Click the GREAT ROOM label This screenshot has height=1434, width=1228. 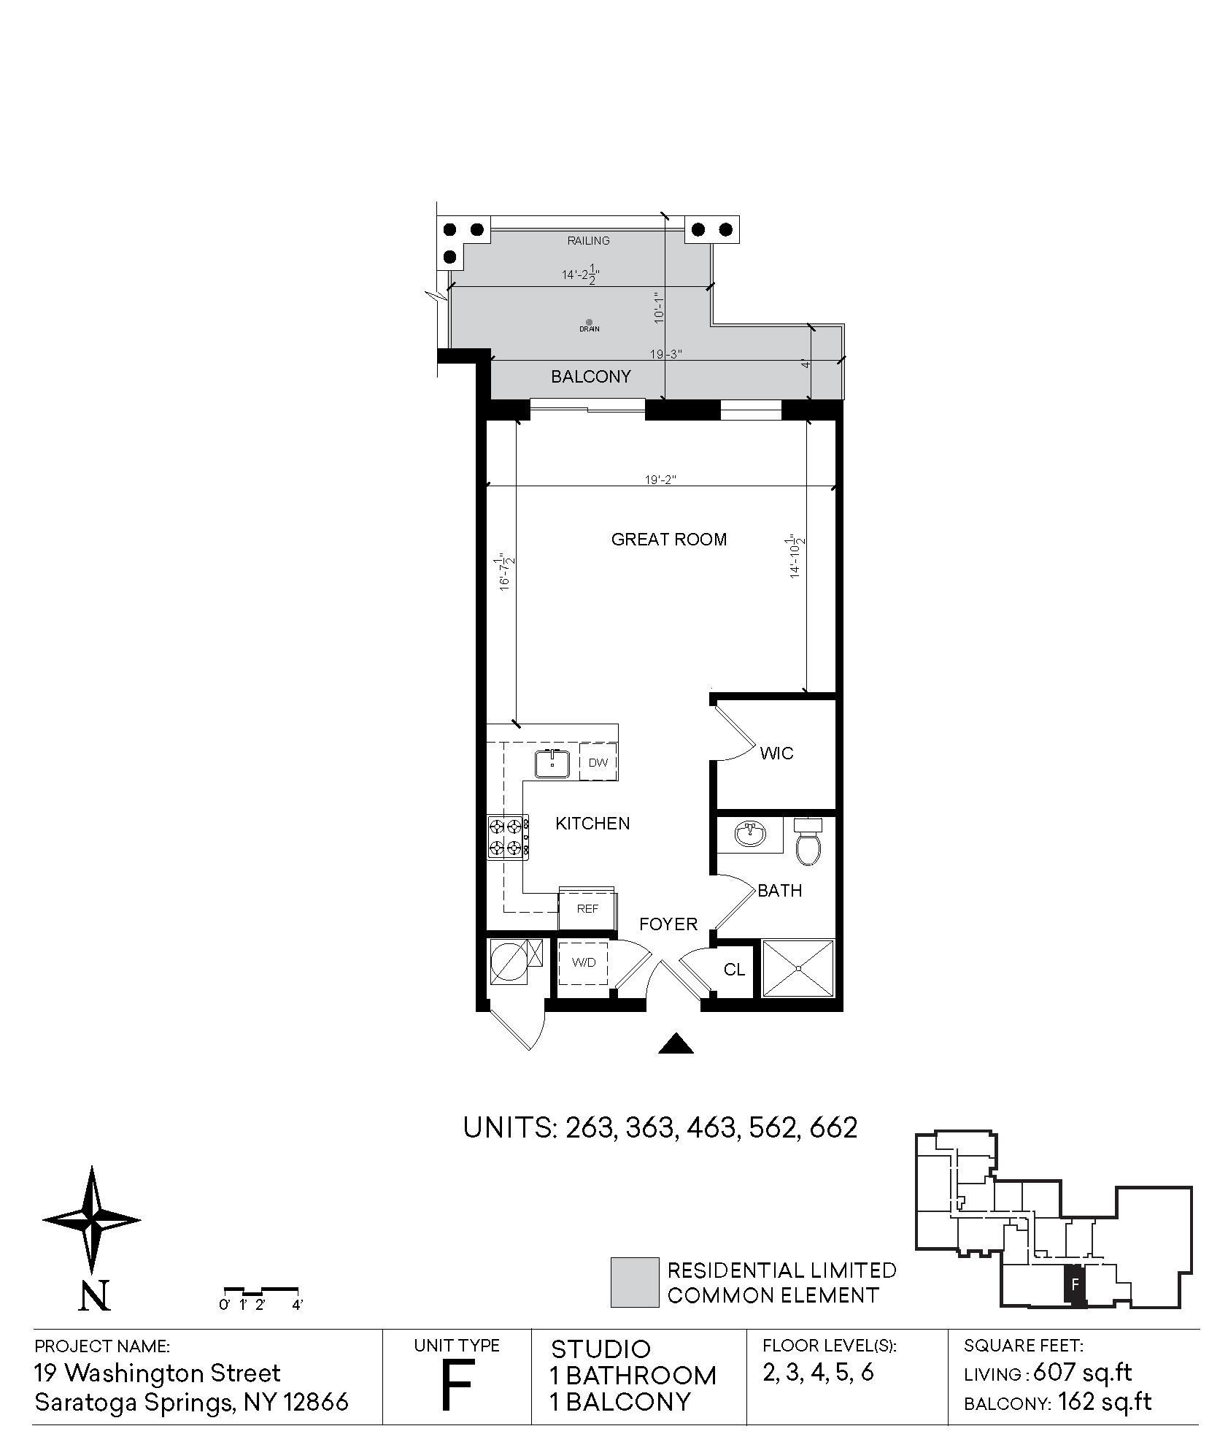[668, 540]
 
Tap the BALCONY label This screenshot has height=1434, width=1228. [590, 377]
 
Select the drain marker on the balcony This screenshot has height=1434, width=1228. [589, 322]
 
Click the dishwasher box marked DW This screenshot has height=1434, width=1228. [598, 762]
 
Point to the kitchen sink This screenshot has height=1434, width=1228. [552, 764]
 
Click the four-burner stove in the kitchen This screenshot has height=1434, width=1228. [508, 837]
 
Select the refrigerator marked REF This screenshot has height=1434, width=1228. [587, 909]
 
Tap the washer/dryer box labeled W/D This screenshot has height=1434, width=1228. [584, 963]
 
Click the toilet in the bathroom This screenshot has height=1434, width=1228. [808, 842]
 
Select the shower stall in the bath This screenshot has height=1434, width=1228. [798, 968]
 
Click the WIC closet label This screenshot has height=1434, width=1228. [776, 754]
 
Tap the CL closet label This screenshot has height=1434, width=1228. [734, 970]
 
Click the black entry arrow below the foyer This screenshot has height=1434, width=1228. [676, 1043]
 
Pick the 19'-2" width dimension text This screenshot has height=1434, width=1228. [661, 480]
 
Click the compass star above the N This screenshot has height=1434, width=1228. [92, 1219]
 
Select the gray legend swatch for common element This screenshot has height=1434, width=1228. [634, 1283]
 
